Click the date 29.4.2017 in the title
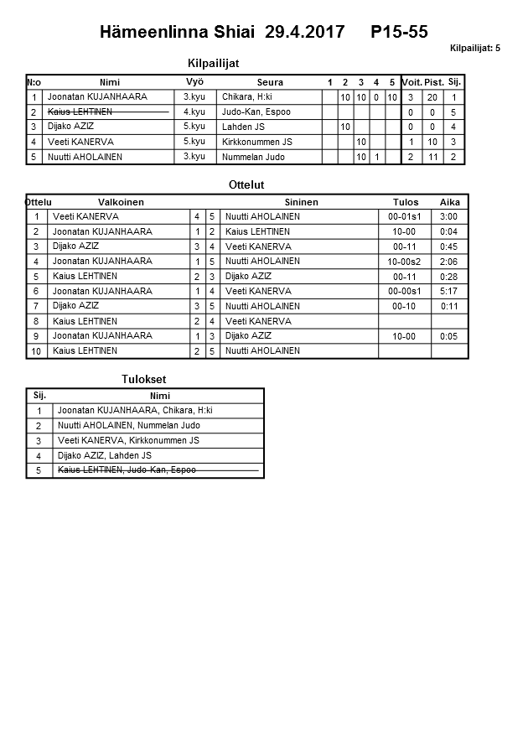tap(304, 33)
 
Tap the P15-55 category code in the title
tap(399, 33)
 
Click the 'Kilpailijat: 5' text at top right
tap(475, 49)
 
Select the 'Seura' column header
tap(270, 82)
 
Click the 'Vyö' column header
tap(194, 81)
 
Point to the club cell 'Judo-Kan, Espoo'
tap(256, 112)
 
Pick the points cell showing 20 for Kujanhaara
tap(433, 97)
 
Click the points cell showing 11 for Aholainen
tap(433, 157)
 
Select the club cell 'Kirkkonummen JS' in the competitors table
tap(257, 142)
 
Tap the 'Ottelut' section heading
tap(246, 184)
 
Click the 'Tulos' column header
tap(406, 202)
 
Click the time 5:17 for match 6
tap(449, 292)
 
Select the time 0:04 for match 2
tap(449, 231)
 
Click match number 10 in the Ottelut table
tap(36, 351)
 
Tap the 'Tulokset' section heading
tap(144, 379)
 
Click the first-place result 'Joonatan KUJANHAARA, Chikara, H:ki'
tap(135, 411)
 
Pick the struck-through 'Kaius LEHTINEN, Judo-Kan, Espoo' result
tap(126, 470)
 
